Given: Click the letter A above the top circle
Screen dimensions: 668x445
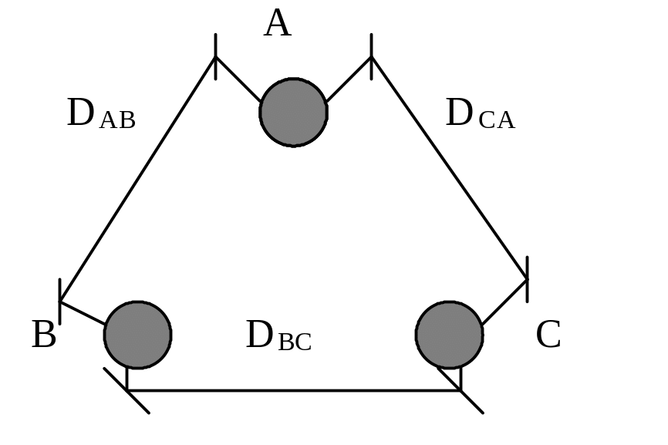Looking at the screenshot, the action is point(278,23).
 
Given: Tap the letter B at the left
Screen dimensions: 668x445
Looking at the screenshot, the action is point(44,335).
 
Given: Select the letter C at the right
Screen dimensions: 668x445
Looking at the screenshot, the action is point(548,335).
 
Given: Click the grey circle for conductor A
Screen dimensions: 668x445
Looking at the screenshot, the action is point(294,113).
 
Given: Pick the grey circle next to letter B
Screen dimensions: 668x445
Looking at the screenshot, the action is point(137,335).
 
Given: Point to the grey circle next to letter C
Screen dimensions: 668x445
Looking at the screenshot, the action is point(450,335).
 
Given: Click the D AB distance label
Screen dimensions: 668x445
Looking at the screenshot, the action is point(101,113).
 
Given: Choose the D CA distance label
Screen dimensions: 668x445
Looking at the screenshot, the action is point(480,113).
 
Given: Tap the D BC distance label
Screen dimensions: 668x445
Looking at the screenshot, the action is point(279,335).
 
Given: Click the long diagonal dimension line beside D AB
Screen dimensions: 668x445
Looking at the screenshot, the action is point(137,179).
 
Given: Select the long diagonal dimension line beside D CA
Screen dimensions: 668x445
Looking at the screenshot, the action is point(450,168).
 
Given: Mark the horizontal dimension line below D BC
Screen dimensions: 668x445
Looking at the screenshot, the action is point(294,390).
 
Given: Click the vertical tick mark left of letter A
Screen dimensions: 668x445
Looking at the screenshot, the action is point(215,56).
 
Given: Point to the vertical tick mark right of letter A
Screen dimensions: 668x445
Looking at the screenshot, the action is point(372,56).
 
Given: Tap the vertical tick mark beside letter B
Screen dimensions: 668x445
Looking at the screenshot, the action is point(59,302).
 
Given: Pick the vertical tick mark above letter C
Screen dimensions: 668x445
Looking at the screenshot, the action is point(528,279).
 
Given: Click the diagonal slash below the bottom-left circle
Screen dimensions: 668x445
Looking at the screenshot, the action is point(127,390).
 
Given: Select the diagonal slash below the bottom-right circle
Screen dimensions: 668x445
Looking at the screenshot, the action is point(461,390).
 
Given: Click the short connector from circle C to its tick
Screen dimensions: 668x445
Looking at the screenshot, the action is point(504,302).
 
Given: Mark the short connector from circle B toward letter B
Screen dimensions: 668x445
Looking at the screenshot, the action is point(83,312).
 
